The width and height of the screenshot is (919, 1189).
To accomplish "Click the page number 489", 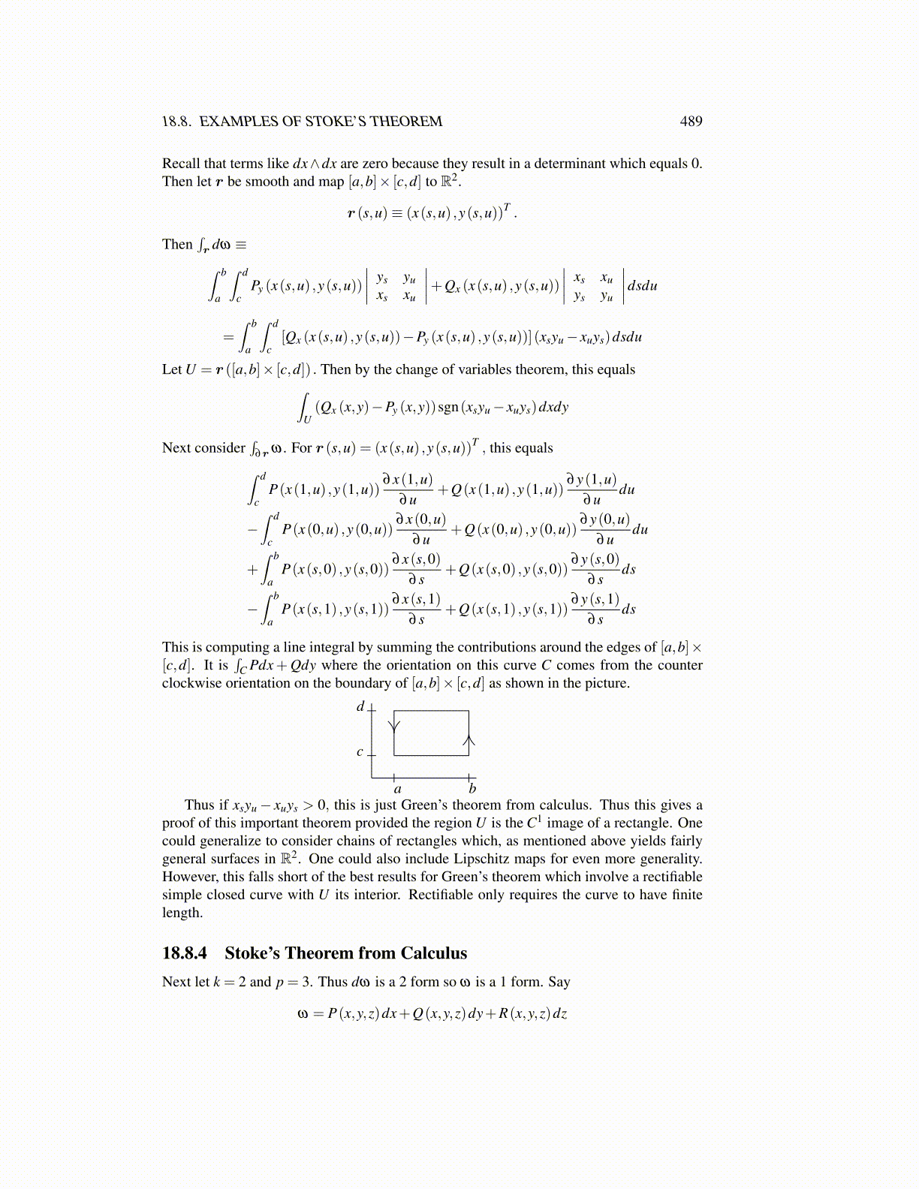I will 691,122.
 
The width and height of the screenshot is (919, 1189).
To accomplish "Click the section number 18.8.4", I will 185,953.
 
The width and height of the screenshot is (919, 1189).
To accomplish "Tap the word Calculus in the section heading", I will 433,953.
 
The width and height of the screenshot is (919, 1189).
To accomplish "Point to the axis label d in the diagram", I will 360,706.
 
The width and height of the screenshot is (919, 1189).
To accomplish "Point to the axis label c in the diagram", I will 360,751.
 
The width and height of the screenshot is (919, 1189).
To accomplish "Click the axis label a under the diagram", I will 397,789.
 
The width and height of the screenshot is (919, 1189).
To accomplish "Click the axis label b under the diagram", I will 472,788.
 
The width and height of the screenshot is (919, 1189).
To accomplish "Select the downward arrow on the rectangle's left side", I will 394,725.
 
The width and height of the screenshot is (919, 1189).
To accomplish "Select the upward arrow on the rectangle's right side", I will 469,742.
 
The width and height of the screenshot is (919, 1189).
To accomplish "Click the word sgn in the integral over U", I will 448,407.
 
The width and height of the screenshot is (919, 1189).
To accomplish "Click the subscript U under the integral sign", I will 306,420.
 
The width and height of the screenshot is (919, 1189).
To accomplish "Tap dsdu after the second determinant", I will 642,286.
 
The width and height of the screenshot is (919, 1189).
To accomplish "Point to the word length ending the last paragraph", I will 181,913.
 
